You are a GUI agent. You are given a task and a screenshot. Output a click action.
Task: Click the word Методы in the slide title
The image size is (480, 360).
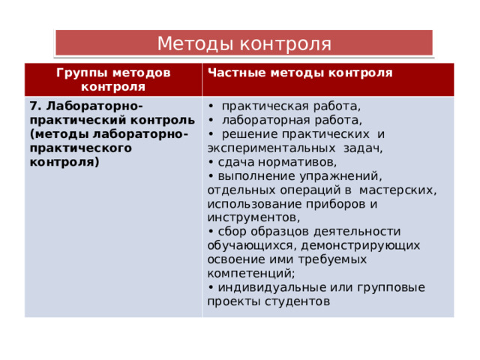tap(196, 43)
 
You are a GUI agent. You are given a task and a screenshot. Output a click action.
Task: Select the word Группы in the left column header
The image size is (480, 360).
tap(82, 73)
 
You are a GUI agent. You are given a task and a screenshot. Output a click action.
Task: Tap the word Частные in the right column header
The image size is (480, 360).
tap(236, 73)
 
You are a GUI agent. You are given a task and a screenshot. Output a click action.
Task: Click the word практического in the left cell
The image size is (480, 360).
tap(81, 148)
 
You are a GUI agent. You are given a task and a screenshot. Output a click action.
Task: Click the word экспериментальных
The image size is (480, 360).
tap(271, 148)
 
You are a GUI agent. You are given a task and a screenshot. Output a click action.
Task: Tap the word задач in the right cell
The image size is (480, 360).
tap(362, 148)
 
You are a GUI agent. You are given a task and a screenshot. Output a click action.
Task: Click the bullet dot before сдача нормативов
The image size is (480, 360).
tap(211, 163)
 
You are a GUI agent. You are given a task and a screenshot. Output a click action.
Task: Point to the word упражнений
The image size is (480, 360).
tap(340, 177)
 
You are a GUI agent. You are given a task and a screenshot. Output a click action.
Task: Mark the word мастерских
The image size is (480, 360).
tap(397, 190)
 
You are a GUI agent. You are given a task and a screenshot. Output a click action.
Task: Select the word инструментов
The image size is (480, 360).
tap(253, 218)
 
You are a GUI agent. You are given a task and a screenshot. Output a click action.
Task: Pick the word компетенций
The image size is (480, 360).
tap(250, 274)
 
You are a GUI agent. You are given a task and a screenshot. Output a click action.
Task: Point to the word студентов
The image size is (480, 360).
tap(297, 301)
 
